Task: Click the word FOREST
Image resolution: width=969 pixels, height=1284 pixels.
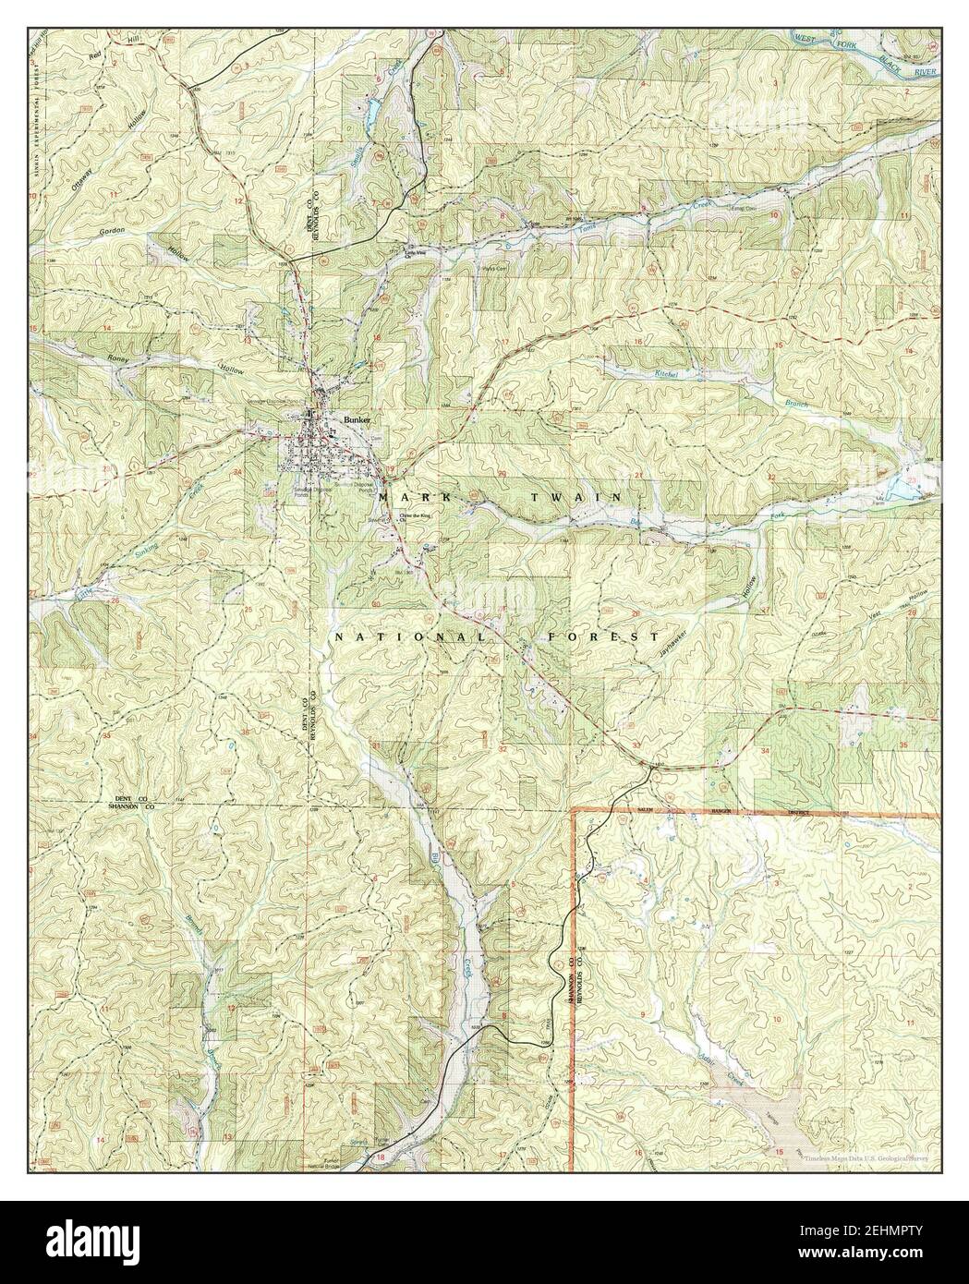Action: tap(603, 637)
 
